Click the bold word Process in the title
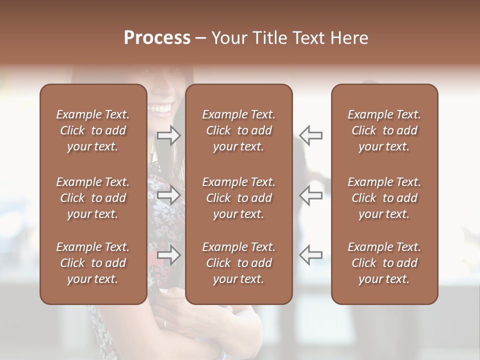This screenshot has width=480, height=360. pyautogui.click(x=157, y=38)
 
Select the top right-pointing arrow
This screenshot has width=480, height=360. pyautogui.click(x=168, y=135)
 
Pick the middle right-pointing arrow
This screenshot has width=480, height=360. pyautogui.click(x=168, y=195)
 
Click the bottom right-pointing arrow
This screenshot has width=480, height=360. pyautogui.click(x=168, y=255)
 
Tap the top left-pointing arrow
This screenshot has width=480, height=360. pyautogui.click(x=310, y=135)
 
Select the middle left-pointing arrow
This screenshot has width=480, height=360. pyautogui.click(x=310, y=195)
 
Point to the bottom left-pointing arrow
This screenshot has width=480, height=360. pyautogui.click(x=310, y=255)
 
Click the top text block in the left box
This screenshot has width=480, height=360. pyautogui.click(x=93, y=130)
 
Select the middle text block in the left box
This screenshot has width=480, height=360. pyautogui.click(x=93, y=198)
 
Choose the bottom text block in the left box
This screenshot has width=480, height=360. pyautogui.click(x=93, y=263)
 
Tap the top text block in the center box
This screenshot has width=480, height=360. pyautogui.click(x=238, y=130)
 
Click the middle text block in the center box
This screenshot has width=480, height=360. pyautogui.click(x=238, y=198)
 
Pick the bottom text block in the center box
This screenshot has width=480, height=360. pyautogui.click(x=238, y=263)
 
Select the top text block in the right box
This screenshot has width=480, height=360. pyautogui.click(x=384, y=130)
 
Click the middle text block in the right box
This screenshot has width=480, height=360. pyautogui.click(x=384, y=198)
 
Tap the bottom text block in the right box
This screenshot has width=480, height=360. pyautogui.click(x=384, y=263)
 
